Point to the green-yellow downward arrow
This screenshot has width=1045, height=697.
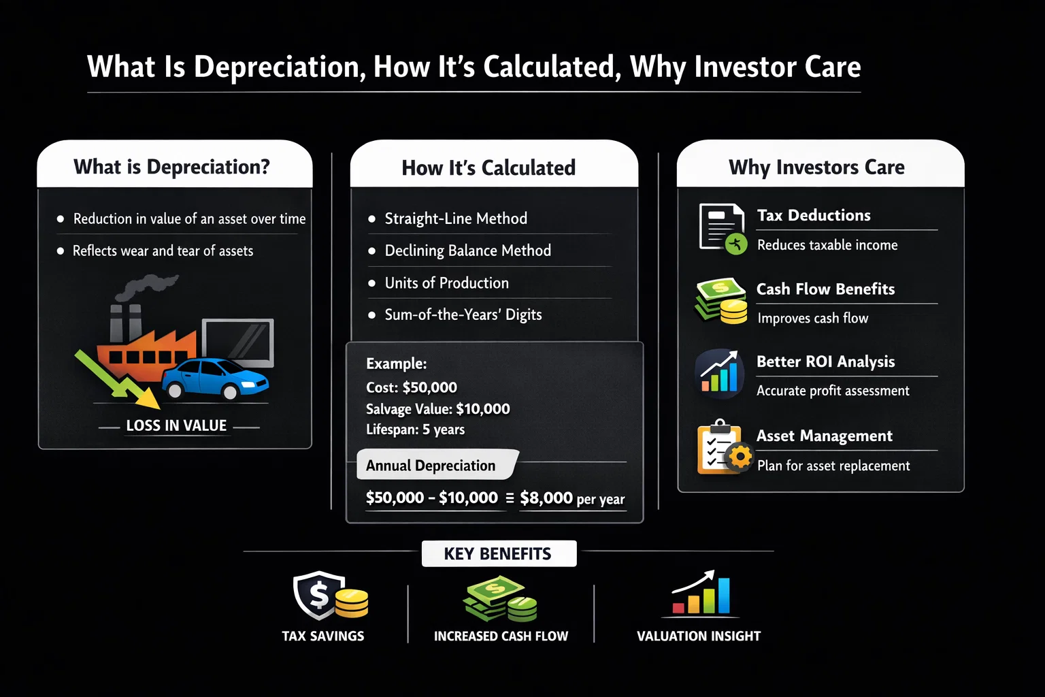click(x=116, y=378)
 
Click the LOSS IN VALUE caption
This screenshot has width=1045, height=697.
click(x=176, y=426)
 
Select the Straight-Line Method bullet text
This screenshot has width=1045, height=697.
click(x=456, y=218)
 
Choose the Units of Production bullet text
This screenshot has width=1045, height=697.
click(x=446, y=283)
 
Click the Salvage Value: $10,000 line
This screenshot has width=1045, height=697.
click(x=437, y=409)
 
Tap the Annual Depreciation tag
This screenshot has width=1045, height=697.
click(x=431, y=466)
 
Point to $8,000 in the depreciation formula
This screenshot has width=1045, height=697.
click(x=546, y=498)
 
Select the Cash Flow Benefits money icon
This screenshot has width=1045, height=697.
click(x=720, y=300)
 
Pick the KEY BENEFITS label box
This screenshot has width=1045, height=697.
click(x=498, y=554)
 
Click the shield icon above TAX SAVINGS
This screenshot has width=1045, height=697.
click(x=318, y=594)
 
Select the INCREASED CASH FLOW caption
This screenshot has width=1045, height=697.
click(x=501, y=636)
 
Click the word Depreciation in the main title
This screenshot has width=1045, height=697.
click(x=276, y=67)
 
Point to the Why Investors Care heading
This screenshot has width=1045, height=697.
click(x=816, y=167)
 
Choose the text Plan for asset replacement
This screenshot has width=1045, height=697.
click(x=833, y=466)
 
